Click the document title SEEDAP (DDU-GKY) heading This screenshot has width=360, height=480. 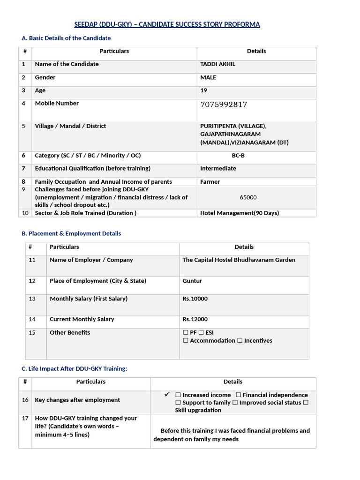click(167, 24)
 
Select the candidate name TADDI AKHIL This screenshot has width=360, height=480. click(217, 64)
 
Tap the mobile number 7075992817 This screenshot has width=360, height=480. click(224, 105)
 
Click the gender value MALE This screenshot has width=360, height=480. click(208, 77)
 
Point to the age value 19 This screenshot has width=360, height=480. click(203, 90)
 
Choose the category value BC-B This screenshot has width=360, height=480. click(238, 156)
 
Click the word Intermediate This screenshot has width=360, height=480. click(218, 168)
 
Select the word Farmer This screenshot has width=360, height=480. click(210, 182)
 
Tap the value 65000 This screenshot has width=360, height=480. click(248, 197)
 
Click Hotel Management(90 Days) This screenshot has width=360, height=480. click(240, 213)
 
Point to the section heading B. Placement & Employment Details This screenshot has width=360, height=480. click(71, 233)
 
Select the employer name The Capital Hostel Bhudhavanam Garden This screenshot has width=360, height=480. click(239, 260)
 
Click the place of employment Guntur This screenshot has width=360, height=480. click(192, 281)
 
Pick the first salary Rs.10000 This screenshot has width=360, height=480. click(195, 299)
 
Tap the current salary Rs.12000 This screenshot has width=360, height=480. click(195, 319)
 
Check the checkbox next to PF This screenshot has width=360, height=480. click(186, 333)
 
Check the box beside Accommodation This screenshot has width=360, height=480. click(186, 341)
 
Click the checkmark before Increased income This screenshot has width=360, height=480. click(166, 395)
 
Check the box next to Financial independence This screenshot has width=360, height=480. click(239, 395)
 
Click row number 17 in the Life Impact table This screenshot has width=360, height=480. click(25, 418)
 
